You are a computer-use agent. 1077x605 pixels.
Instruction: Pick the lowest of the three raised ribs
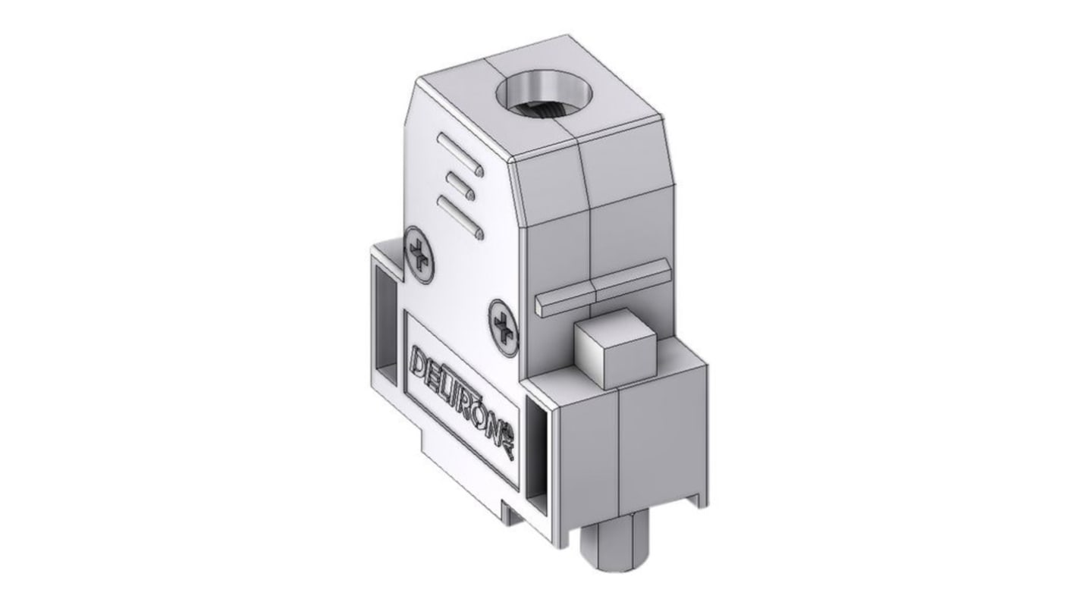click(x=460, y=216)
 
